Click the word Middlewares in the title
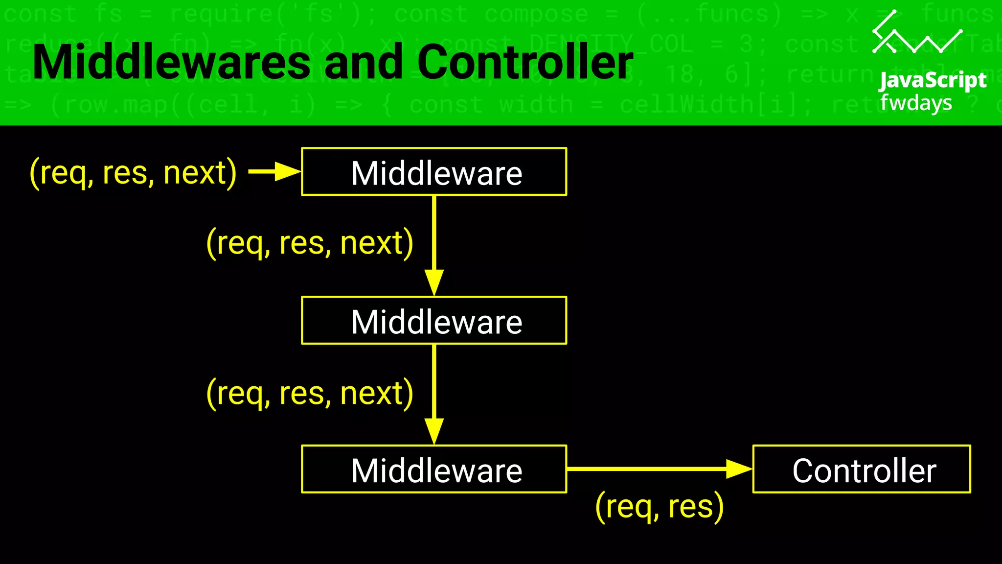click(171, 62)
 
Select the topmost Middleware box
click(434, 172)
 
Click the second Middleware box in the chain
click(434, 321)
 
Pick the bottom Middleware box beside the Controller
click(434, 470)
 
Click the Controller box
click(862, 470)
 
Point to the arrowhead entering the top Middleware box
click(288, 172)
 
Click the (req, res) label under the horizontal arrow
click(659, 507)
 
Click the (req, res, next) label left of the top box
click(133, 173)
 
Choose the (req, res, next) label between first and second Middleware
click(310, 243)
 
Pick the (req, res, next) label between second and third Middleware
click(310, 393)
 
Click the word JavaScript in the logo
click(933, 81)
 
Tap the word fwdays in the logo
click(916, 103)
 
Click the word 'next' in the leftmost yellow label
click(195, 173)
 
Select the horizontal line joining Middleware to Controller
click(646, 469)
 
